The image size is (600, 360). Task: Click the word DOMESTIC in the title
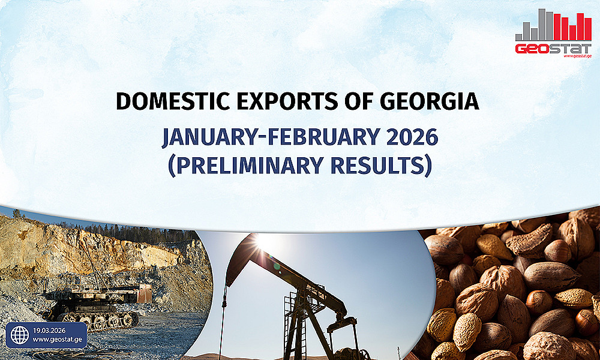[x=173, y=102]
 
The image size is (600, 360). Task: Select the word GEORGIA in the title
[x=430, y=102]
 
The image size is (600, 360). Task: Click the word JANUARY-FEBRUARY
[x=271, y=137]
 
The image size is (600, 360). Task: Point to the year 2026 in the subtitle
[x=413, y=137]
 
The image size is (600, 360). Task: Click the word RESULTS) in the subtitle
[x=381, y=166]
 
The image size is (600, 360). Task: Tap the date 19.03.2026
[x=49, y=331]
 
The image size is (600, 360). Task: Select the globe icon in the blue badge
[x=20, y=335]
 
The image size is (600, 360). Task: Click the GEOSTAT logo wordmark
[x=553, y=49]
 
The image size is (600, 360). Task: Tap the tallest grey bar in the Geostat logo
[x=542, y=25]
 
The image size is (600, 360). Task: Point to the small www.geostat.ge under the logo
[x=577, y=56]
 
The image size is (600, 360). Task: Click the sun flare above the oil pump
[x=262, y=241]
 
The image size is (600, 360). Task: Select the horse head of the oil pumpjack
[x=239, y=260]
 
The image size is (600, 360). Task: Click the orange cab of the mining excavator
[x=145, y=294]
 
